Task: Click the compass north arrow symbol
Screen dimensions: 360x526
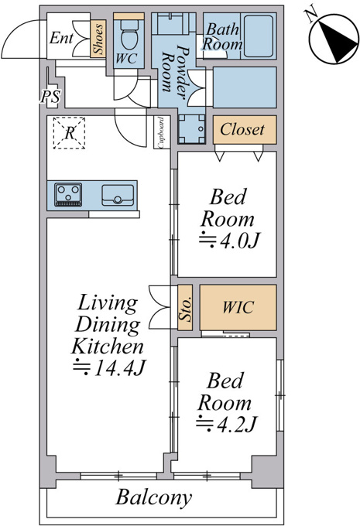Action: [334, 39]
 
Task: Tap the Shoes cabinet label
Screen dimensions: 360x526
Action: [98, 39]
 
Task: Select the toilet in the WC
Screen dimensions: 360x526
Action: [129, 36]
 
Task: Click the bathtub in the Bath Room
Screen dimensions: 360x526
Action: [258, 36]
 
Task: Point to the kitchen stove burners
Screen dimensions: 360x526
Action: [68, 195]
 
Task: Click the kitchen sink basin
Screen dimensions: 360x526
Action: [118, 195]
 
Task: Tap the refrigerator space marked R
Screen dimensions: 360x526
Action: [69, 132]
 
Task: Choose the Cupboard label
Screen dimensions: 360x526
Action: [161, 132]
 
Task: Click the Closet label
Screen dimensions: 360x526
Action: [242, 129]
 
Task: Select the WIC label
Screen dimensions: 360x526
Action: [238, 307]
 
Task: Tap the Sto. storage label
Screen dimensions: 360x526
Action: [185, 308]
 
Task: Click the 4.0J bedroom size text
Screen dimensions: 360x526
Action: [229, 241]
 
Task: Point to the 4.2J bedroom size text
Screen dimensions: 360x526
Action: [226, 425]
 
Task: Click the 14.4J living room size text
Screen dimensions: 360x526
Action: [109, 368]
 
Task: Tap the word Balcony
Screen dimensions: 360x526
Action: [154, 498]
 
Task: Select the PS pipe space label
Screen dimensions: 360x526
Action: [50, 97]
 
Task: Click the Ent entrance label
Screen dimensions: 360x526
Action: [61, 38]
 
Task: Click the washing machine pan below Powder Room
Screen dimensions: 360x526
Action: [191, 129]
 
